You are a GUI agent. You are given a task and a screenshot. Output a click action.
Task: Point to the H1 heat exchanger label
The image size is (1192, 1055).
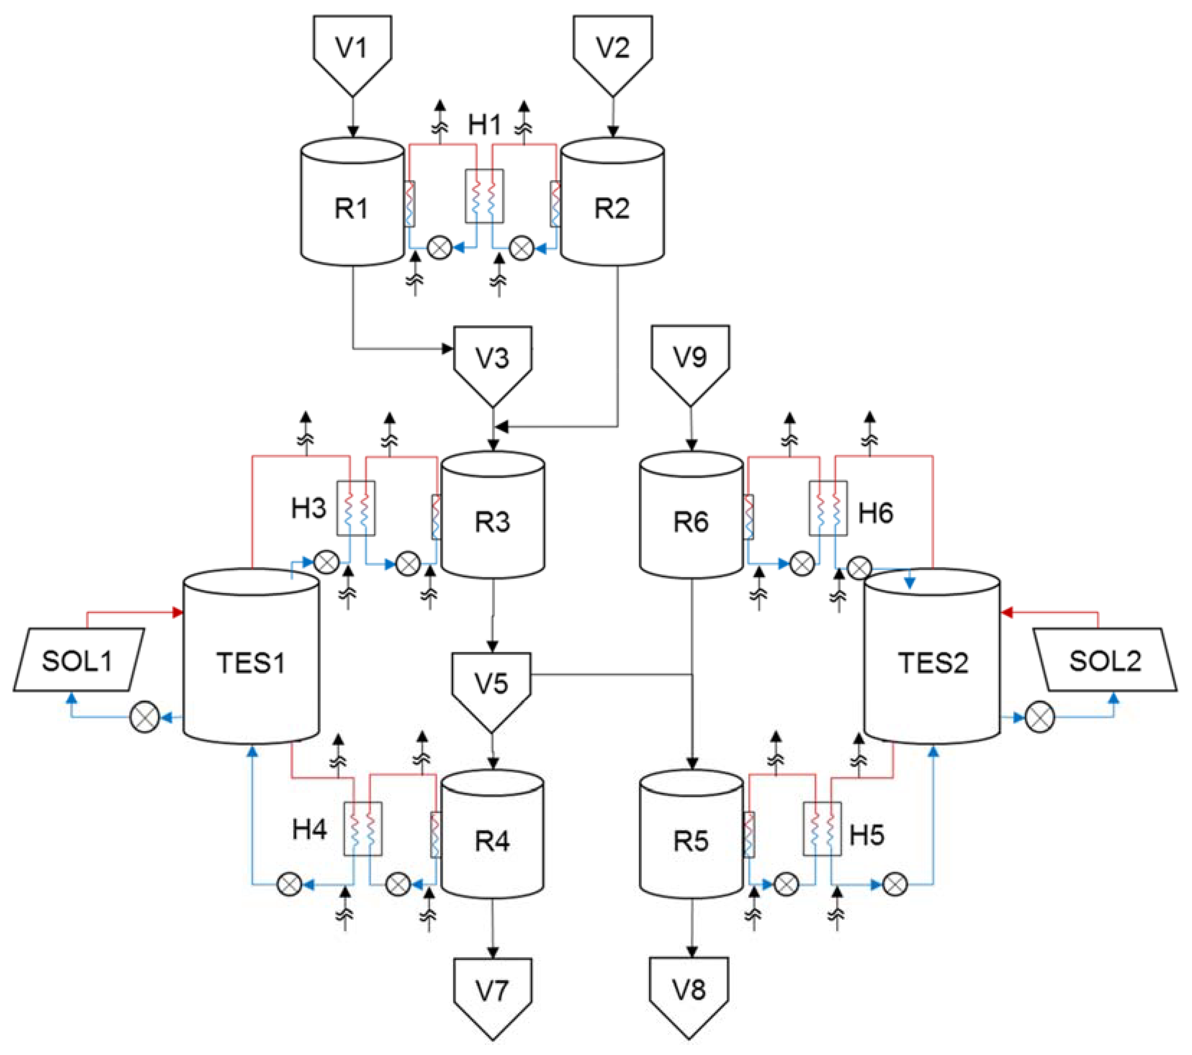(485, 124)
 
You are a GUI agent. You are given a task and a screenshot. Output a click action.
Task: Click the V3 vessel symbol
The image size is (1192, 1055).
(493, 359)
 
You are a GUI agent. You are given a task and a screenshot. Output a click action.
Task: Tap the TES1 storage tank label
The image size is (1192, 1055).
(251, 663)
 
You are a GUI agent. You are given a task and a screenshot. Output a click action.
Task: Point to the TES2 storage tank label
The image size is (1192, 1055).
(932, 663)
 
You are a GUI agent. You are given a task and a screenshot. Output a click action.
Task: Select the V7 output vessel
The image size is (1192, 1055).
(493, 991)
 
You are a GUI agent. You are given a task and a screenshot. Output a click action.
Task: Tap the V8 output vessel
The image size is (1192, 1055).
(689, 990)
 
